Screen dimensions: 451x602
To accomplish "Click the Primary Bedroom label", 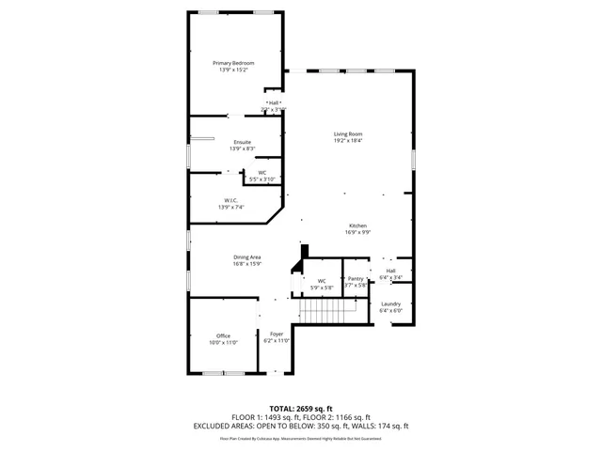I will [236, 63].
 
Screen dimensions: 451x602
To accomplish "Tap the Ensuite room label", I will [243, 142].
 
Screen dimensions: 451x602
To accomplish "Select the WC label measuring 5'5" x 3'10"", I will [262, 172].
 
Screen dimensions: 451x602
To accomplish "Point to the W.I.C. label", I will [230, 200].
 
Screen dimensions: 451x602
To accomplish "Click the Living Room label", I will [348, 134].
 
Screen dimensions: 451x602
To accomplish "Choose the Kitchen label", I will [357, 225].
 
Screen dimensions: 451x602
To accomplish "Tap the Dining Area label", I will [247, 257].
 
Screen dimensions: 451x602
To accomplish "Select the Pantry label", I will [356, 278].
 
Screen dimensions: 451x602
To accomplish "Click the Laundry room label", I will [390, 303].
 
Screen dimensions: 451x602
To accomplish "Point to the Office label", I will [223, 335].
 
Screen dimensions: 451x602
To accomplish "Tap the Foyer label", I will [277, 334].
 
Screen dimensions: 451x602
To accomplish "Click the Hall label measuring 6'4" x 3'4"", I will [390, 271].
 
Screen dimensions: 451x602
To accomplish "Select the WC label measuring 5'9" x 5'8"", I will [322, 281].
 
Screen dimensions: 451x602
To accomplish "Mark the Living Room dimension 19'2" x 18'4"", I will [348, 141].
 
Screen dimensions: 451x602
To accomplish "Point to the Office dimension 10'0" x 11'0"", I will [223, 342].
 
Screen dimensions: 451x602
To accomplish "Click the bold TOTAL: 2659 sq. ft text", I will [300, 409].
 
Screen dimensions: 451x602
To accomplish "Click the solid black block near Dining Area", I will [304, 252].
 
